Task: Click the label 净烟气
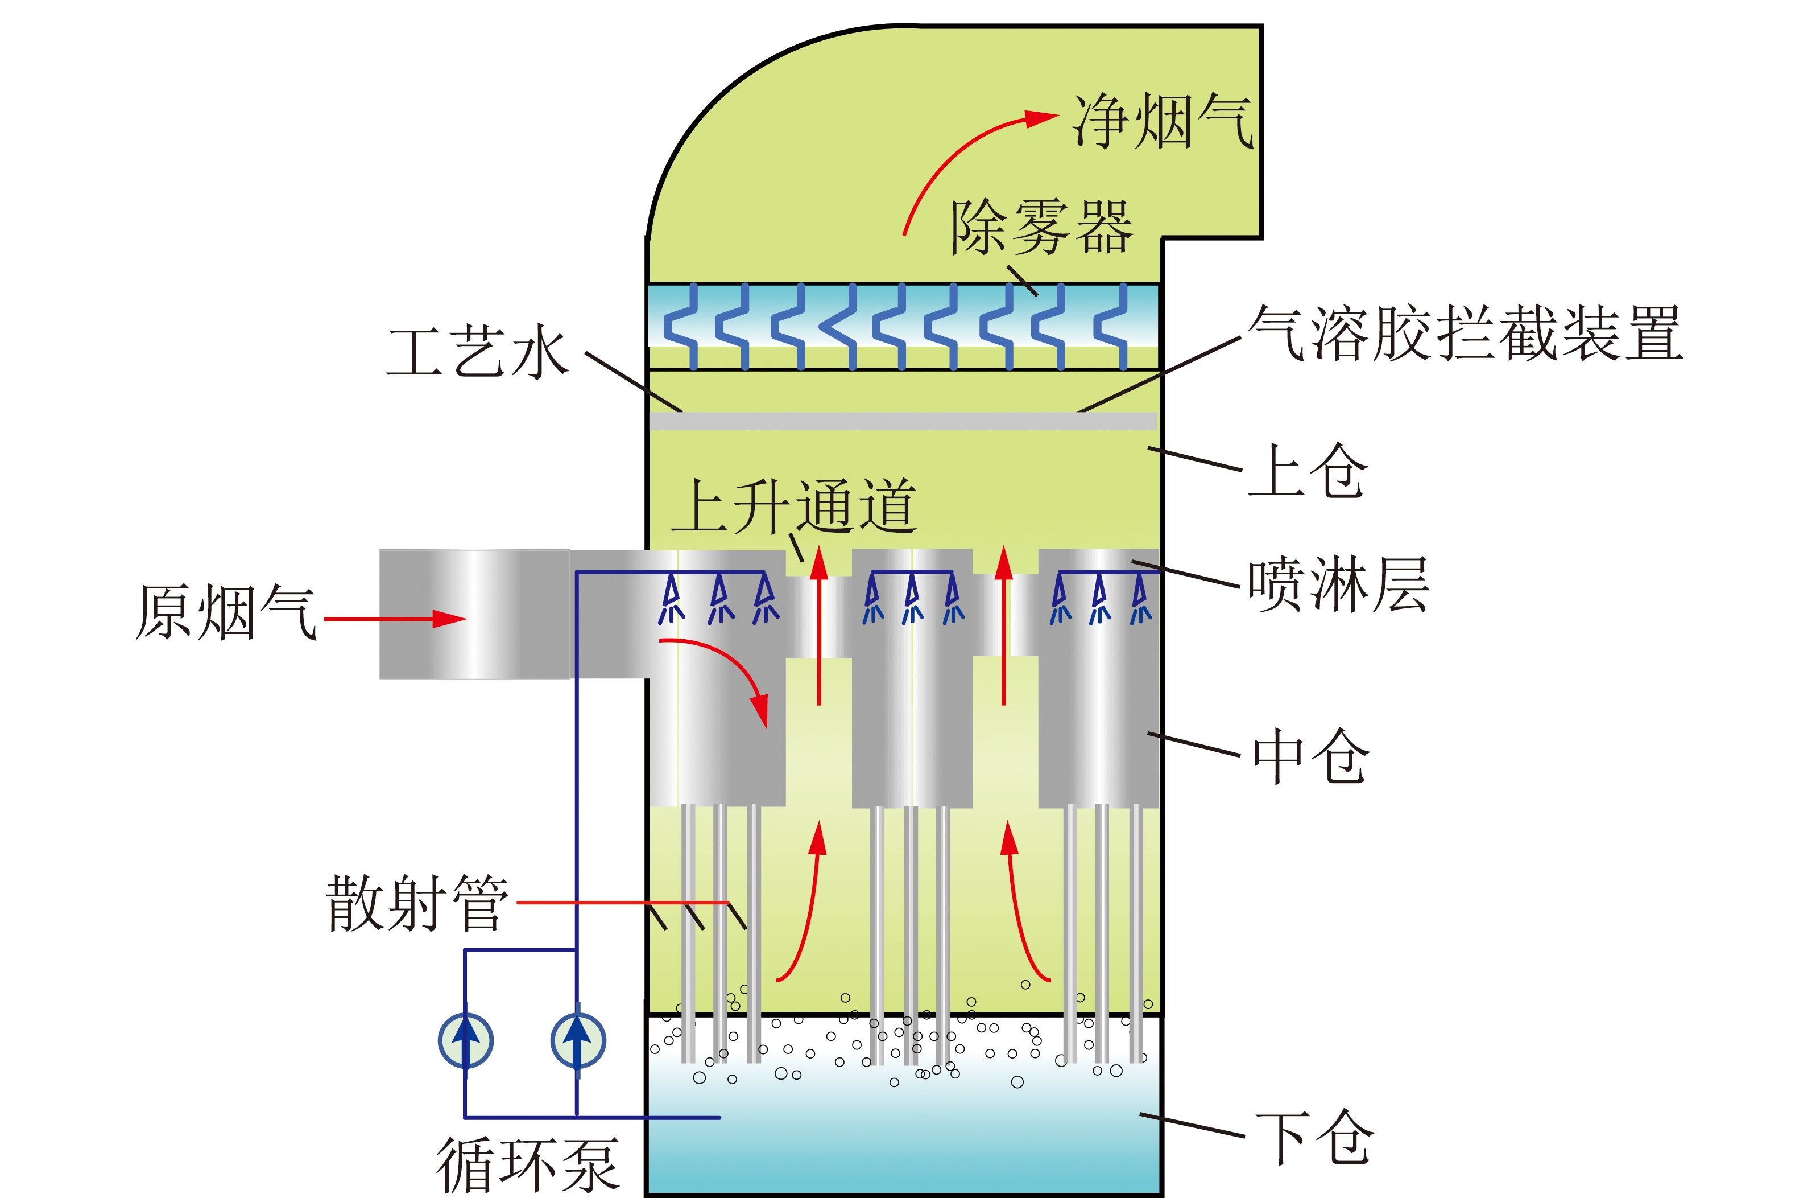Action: click(1163, 121)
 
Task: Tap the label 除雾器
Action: click(1041, 227)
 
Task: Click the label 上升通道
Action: click(795, 506)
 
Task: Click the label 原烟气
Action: click(226, 612)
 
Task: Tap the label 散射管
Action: click(417, 903)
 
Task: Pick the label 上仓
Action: click(1308, 471)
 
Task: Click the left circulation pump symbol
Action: click(465, 1040)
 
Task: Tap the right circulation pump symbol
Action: click(577, 1040)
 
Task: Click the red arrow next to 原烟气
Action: click(395, 619)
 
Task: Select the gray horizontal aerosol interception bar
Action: click(903, 421)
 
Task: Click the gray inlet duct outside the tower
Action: click(474, 614)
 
